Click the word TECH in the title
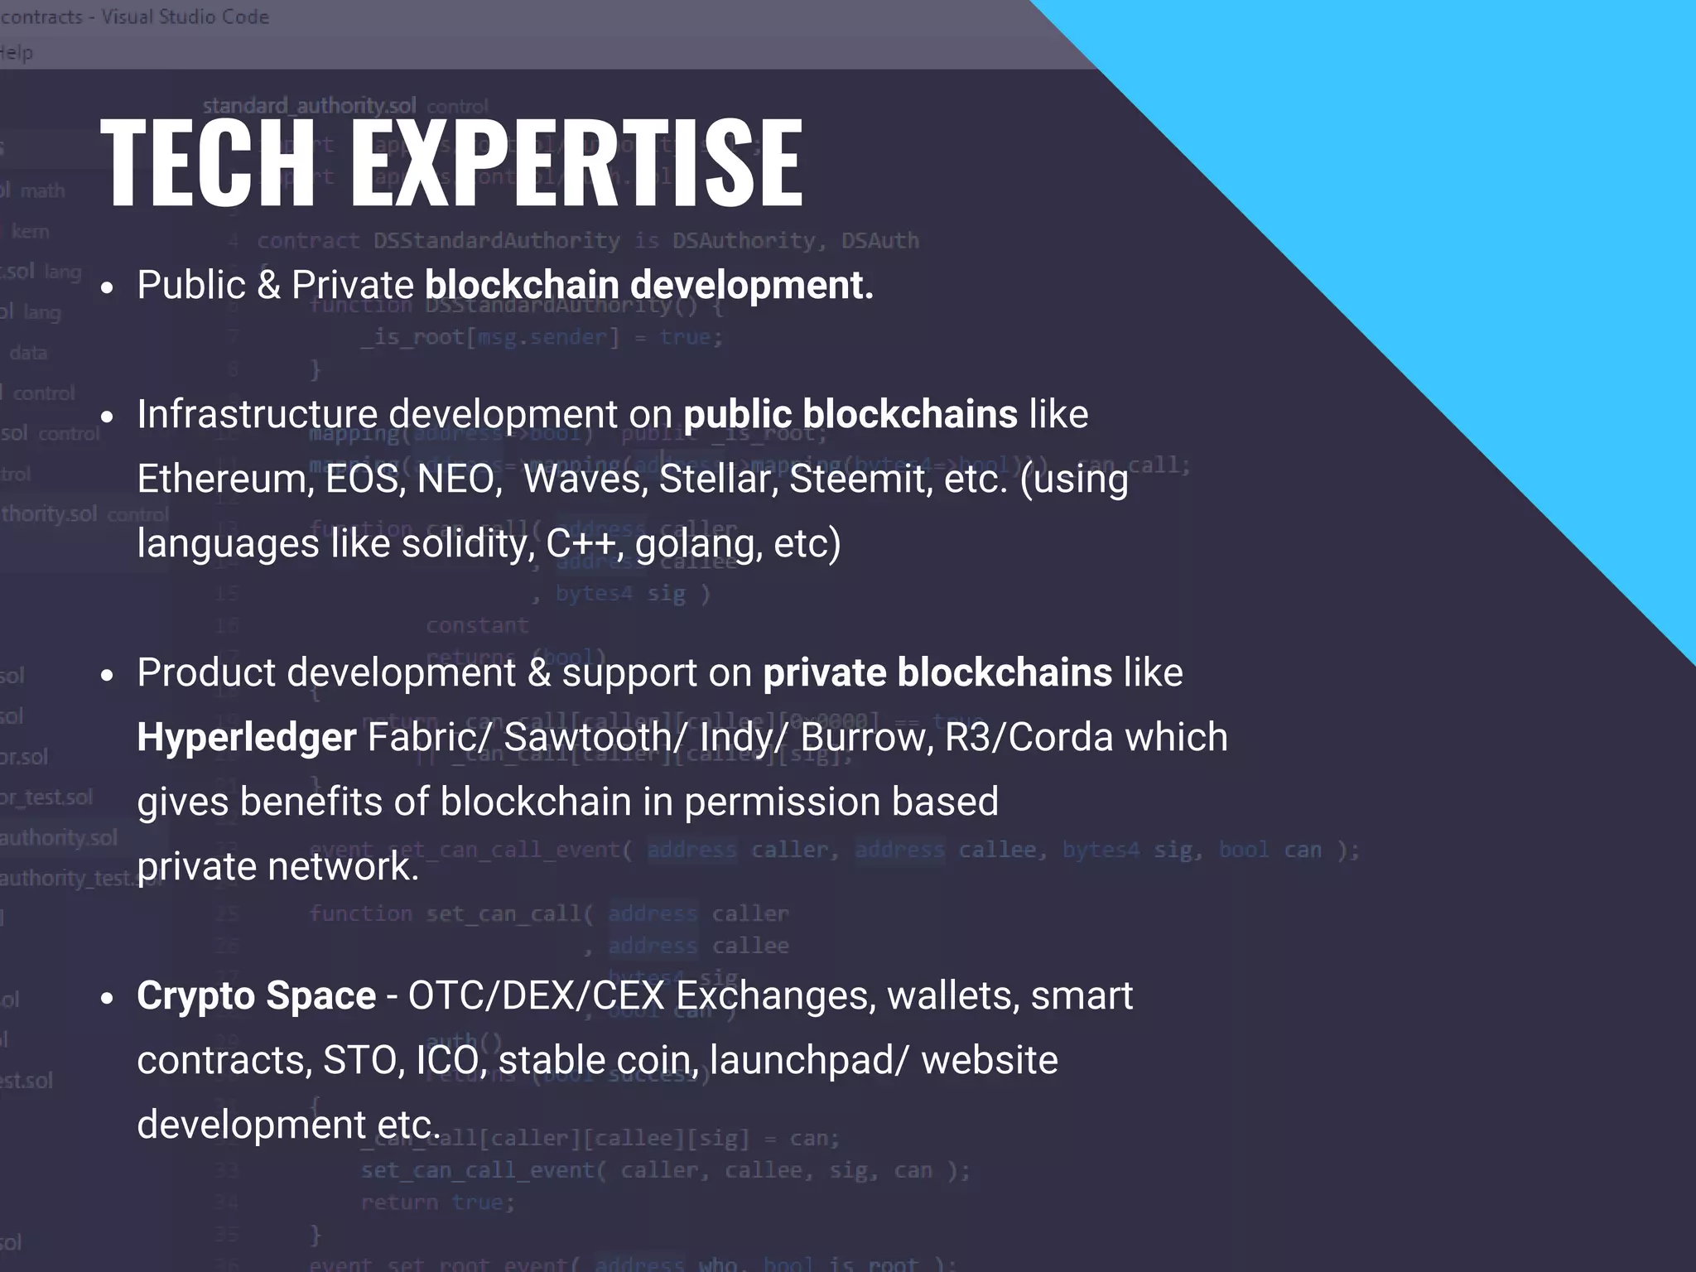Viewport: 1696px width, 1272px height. click(x=208, y=161)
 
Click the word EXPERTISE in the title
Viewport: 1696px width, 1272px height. click(x=576, y=161)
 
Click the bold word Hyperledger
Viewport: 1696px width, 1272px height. click(x=247, y=738)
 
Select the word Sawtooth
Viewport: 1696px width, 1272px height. click(x=596, y=738)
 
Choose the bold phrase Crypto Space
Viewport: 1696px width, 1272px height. click(x=256, y=996)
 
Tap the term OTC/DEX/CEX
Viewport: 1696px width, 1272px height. click(x=536, y=996)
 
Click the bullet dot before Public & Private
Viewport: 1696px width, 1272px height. click(x=106, y=289)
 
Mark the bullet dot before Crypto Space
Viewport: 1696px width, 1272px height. click(x=106, y=1000)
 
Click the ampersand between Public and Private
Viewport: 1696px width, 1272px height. click(x=268, y=286)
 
